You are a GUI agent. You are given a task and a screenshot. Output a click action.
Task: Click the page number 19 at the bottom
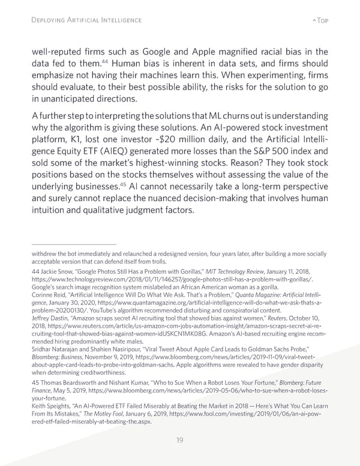click(x=180, y=440)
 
